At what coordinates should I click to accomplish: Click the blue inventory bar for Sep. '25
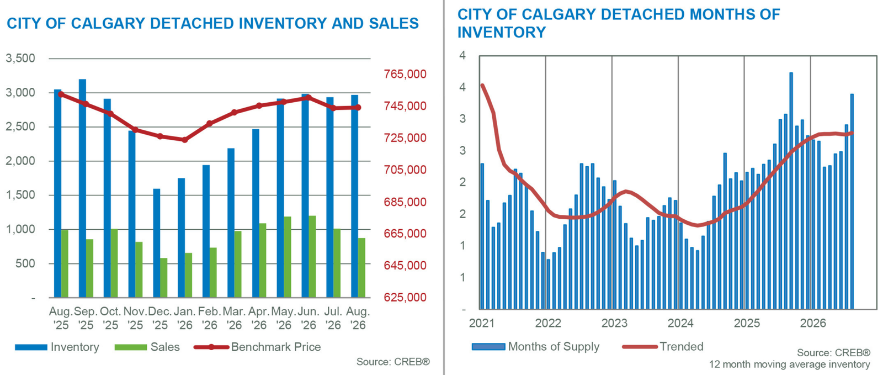82,188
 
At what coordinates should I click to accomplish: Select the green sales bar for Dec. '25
163,278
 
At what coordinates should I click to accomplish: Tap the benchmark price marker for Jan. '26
185,140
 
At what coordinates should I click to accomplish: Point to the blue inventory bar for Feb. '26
206,231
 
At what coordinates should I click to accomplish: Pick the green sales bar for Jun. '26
312,257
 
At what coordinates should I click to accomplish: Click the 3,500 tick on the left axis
20,59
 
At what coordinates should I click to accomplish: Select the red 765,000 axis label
405,74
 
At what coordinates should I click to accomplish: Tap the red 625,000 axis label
405,297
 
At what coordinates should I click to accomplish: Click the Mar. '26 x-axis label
234,318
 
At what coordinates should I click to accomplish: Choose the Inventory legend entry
57,347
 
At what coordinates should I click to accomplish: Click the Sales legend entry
147,347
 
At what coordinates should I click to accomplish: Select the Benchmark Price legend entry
257,347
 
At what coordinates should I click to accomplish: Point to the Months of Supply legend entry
536,347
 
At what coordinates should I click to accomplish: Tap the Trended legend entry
663,347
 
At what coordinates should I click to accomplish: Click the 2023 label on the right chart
614,323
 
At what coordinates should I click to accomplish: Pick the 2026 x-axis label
813,323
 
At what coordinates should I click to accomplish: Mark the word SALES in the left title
394,23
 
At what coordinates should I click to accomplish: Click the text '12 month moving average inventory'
790,365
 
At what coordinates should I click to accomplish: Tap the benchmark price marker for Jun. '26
308,98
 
